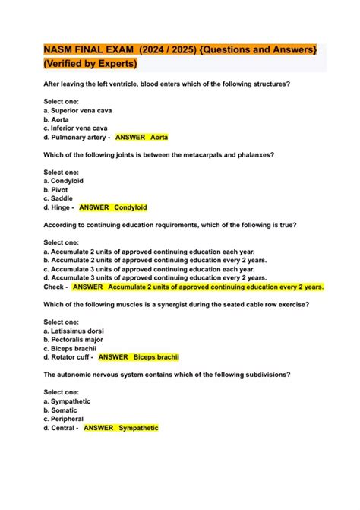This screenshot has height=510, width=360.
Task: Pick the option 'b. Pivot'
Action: coord(57,189)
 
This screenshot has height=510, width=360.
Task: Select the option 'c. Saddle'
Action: coord(59,198)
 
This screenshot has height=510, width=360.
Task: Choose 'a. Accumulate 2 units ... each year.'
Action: coord(149,251)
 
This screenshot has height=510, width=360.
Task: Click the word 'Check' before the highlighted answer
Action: coord(55,287)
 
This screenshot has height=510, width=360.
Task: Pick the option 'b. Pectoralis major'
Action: coord(74,339)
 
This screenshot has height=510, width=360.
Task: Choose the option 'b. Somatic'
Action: coord(62,410)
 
